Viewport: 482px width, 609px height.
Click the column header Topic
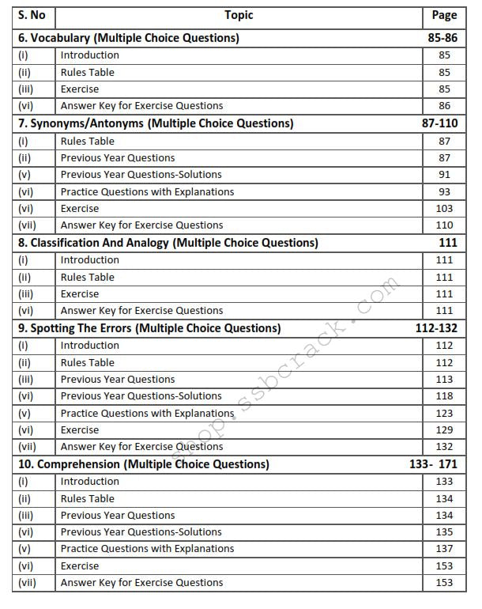point(239,15)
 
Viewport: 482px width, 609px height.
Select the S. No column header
point(32,15)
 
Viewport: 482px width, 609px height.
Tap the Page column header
point(444,15)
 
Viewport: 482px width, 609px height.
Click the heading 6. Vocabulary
point(129,37)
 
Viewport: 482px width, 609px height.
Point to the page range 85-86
point(441,37)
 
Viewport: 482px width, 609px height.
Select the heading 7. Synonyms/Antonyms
point(156,123)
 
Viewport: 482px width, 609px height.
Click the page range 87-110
point(439,123)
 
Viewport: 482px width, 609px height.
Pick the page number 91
point(444,175)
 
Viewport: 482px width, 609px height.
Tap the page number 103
point(444,209)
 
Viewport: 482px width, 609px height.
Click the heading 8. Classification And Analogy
point(168,243)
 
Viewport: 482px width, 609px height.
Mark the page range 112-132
point(436,328)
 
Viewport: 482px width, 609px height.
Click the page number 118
point(444,396)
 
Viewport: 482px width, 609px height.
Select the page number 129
point(444,430)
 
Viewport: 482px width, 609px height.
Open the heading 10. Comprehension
point(144,464)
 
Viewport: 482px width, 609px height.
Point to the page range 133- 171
point(433,464)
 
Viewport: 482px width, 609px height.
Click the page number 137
point(444,549)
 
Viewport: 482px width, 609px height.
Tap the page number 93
point(444,191)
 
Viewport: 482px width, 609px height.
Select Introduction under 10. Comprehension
point(90,482)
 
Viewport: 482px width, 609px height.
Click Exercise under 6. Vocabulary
point(80,89)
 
